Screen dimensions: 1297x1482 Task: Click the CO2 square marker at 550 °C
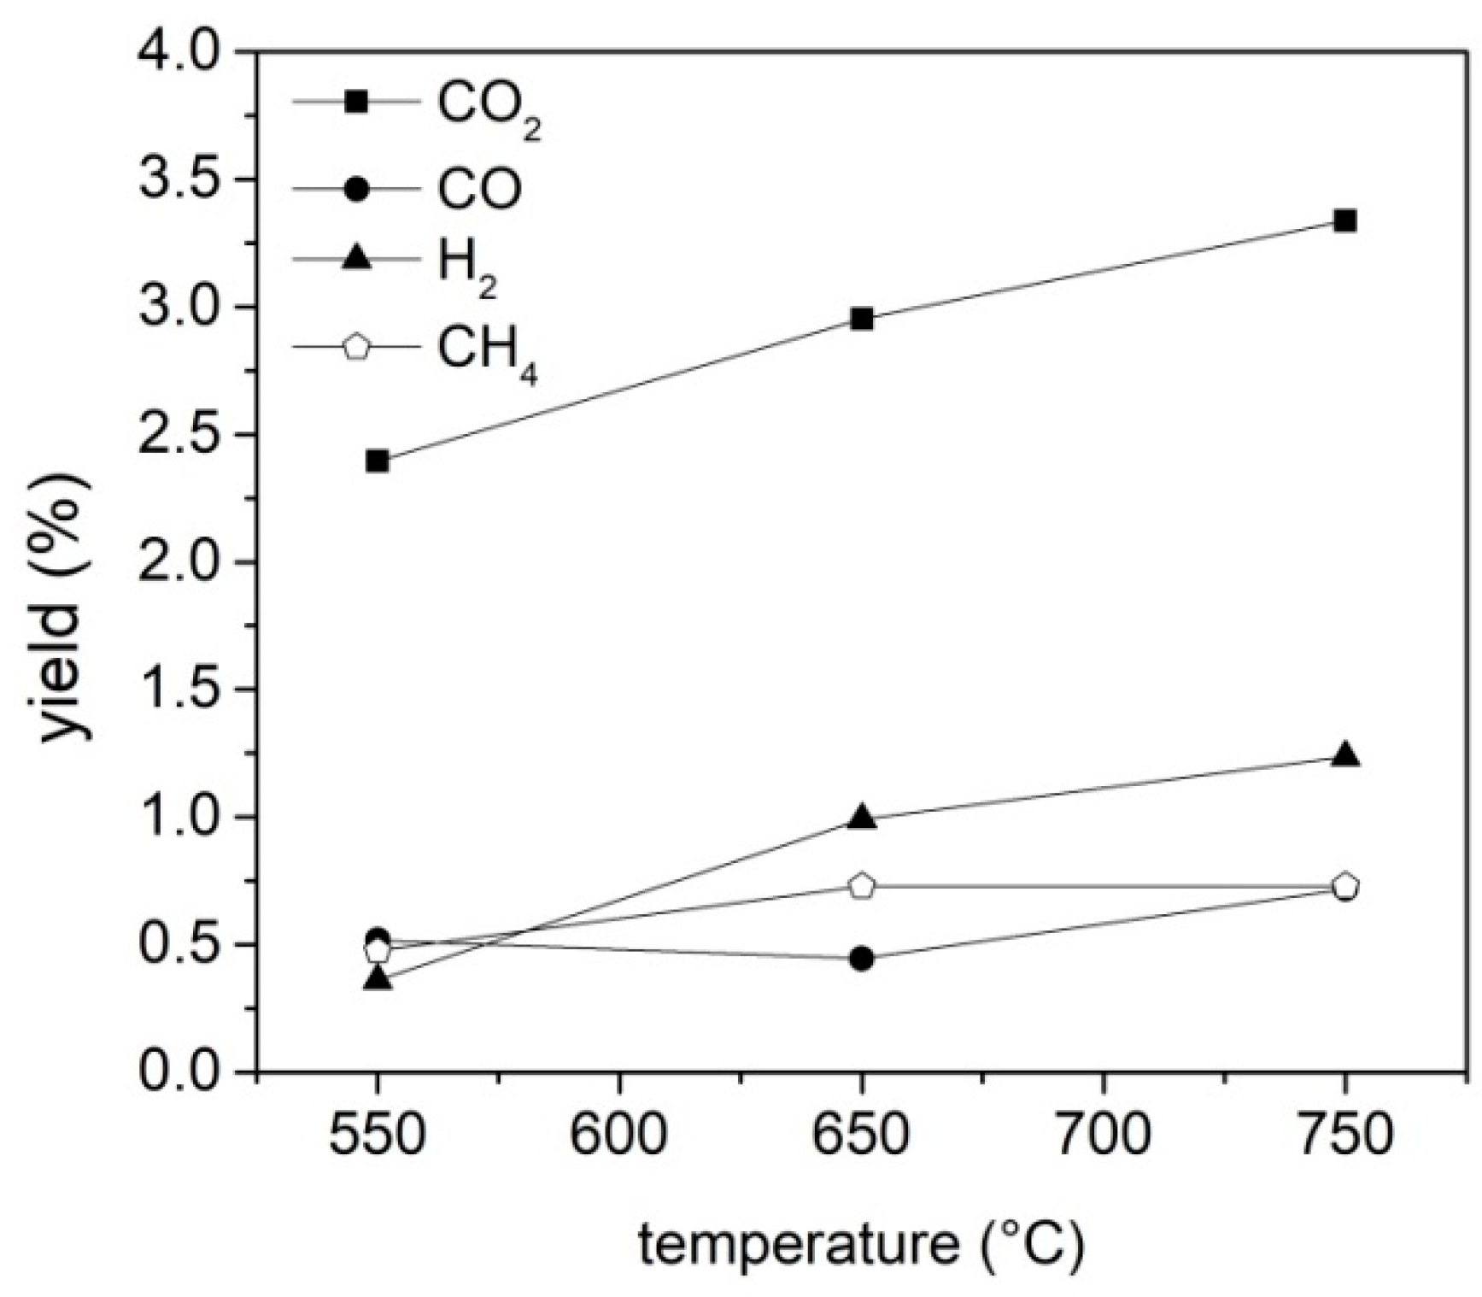tap(377, 461)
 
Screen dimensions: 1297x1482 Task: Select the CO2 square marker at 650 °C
tap(862, 320)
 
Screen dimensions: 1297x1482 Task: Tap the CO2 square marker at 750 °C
tap(1345, 222)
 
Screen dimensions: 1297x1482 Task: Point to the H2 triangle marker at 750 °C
tap(1345, 755)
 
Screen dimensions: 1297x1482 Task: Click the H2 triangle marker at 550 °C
tap(377, 979)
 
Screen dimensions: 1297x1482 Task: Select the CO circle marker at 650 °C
tap(862, 959)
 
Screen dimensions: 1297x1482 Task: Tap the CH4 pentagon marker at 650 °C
tap(862, 886)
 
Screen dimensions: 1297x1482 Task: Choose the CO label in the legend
tap(479, 189)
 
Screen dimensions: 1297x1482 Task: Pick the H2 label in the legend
tap(466, 267)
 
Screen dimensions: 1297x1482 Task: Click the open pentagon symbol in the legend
tap(356, 348)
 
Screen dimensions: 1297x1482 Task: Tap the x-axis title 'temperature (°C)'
tap(860, 1246)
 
